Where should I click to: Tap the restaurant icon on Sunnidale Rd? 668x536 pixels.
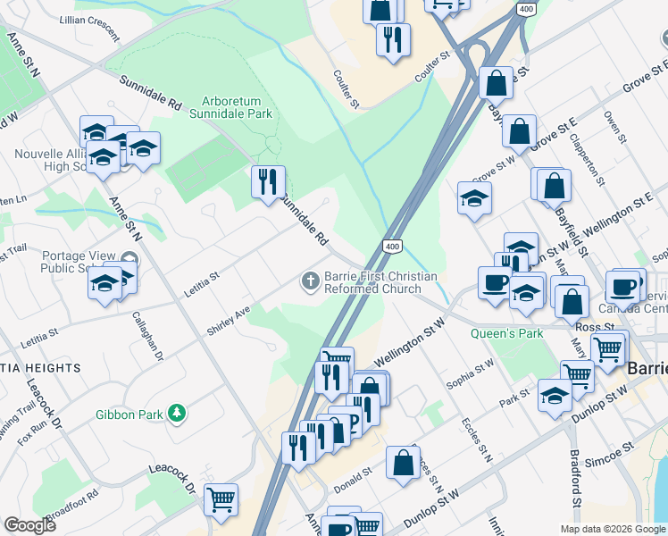pos(268,182)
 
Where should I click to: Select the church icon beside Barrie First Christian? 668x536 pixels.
pos(310,282)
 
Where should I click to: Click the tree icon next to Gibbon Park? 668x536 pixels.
pos(178,413)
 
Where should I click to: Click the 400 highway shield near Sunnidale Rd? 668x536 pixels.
pos(391,246)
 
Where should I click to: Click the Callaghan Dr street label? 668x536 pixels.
pos(147,335)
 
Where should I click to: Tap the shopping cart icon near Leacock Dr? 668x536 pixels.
pos(221,498)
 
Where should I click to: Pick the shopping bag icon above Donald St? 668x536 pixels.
pos(403,462)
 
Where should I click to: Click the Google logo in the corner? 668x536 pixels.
pos(29,525)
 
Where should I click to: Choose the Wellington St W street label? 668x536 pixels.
pos(409,344)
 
